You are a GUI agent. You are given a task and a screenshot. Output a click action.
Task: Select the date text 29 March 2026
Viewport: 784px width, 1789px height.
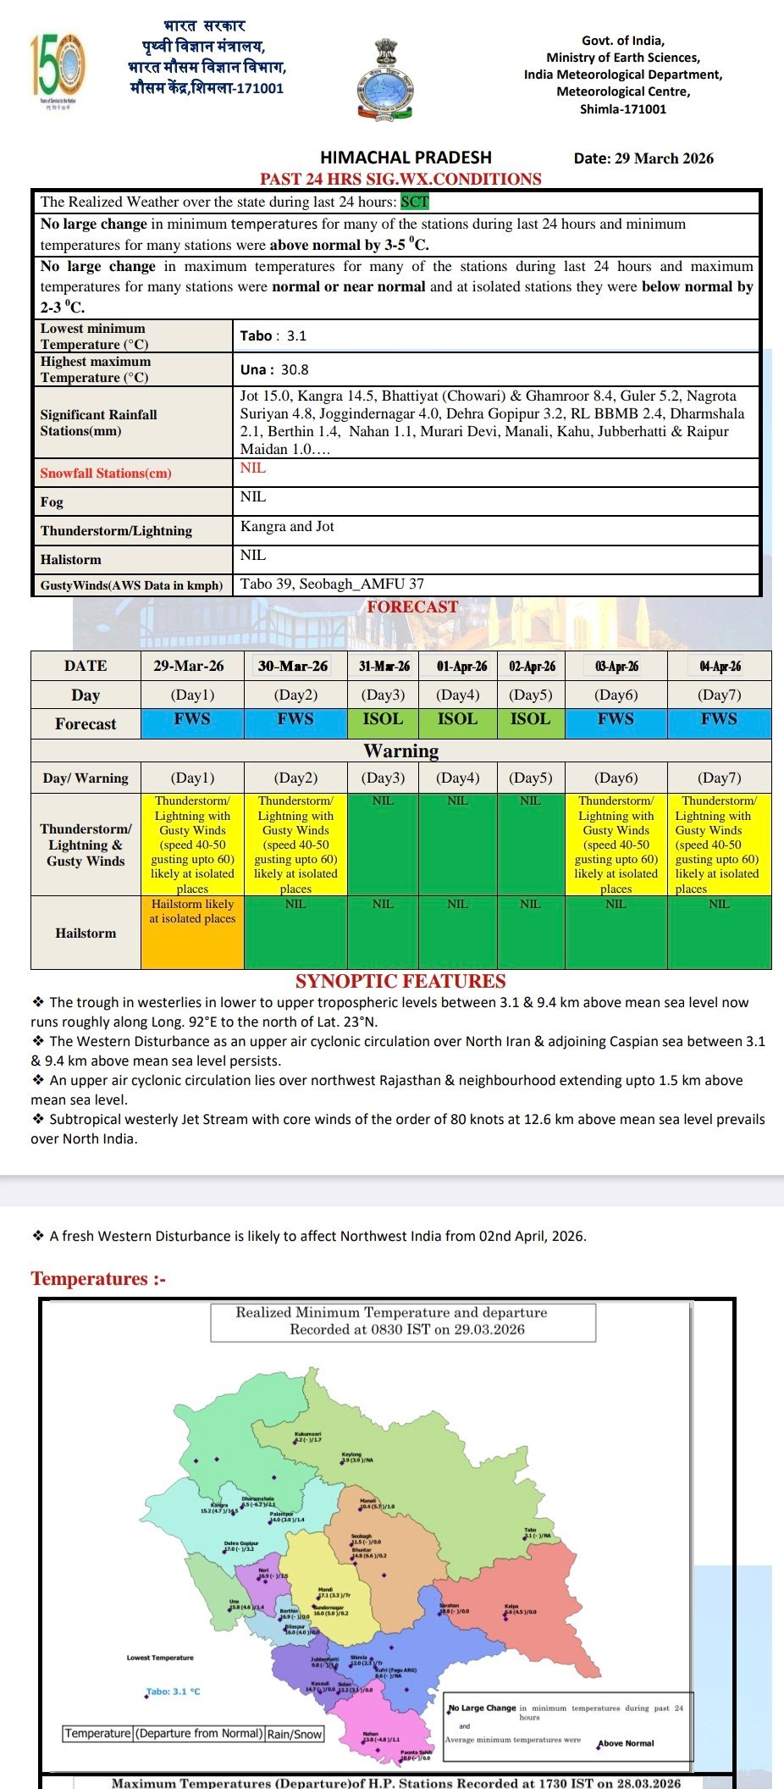click(x=664, y=158)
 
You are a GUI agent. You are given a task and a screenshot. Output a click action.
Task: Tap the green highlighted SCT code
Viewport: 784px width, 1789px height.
click(x=415, y=202)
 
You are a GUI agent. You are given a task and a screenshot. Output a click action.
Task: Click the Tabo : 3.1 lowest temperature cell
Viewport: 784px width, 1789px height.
click(x=273, y=335)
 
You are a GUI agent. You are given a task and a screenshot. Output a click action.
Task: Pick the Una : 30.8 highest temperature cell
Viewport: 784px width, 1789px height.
click(x=274, y=369)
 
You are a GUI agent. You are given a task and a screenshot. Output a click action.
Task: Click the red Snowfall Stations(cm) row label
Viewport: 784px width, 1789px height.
click(x=106, y=473)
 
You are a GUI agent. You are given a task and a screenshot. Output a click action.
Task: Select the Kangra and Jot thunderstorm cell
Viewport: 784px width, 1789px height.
click(x=287, y=527)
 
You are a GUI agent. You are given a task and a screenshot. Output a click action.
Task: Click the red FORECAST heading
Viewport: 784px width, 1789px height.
click(x=412, y=606)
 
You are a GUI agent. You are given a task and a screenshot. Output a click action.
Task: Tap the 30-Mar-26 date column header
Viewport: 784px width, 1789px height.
click(x=293, y=666)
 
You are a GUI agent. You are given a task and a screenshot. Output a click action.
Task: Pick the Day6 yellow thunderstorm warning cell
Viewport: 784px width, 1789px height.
click(x=616, y=844)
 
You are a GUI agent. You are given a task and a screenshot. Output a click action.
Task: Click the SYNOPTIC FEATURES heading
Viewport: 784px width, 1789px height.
click(x=400, y=981)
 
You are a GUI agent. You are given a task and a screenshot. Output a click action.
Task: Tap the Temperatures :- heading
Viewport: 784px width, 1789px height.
click(x=98, y=1278)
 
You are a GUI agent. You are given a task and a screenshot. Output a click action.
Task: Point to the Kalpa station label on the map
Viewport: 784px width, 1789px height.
click(x=511, y=1606)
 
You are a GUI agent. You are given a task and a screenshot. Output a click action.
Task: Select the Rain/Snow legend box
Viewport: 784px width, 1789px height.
click(x=295, y=1734)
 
